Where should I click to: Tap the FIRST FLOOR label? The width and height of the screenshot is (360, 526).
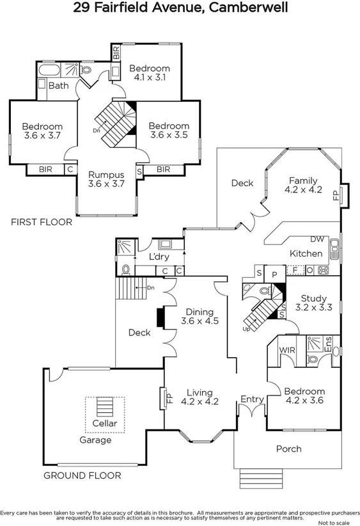(x=42, y=223)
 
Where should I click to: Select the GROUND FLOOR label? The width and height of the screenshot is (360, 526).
(x=82, y=475)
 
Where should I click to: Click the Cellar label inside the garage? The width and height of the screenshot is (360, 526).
(x=105, y=424)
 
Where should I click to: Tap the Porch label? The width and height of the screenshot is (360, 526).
(x=288, y=449)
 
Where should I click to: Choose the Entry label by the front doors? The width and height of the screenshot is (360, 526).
(x=252, y=399)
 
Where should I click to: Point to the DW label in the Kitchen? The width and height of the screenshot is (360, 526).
(x=317, y=239)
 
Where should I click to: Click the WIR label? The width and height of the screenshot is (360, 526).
(x=287, y=350)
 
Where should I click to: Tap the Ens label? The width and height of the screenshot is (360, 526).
(x=328, y=349)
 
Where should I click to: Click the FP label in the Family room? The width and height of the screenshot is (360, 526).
(x=336, y=195)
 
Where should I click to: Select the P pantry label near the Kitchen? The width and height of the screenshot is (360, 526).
(x=274, y=273)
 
